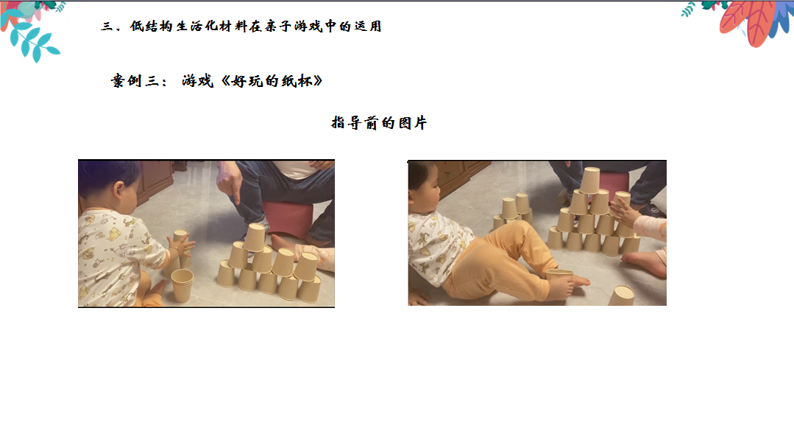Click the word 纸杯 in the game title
point(297,81)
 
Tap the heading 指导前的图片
point(379,122)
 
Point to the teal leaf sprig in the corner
point(34,41)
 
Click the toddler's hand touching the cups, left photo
point(182,246)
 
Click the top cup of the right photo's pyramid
point(590,180)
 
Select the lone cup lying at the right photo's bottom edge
point(621,295)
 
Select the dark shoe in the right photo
point(654,211)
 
